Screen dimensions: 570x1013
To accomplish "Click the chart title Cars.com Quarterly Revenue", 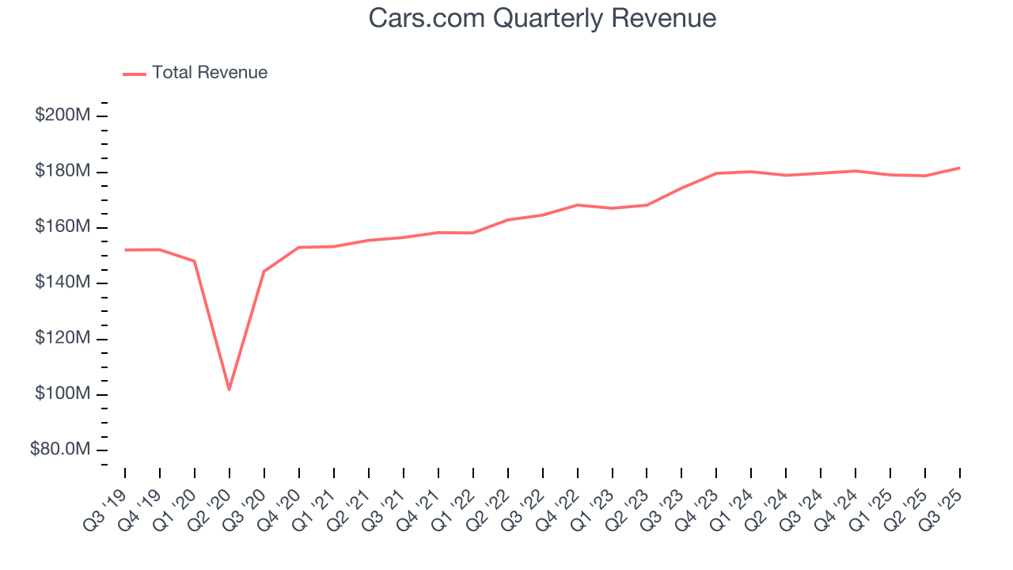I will tap(542, 18).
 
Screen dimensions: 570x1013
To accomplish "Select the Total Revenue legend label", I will tap(210, 73).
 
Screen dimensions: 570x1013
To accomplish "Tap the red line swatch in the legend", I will tap(135, 74).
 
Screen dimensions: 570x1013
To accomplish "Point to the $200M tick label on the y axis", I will tap(62, 116).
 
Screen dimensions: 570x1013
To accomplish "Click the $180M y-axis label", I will tap(62, 172).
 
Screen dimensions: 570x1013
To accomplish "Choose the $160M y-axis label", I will tap(62, 227).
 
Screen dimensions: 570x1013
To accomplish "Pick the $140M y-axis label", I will tap(62, 283).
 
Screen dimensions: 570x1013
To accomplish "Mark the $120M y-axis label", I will tap(62, 339).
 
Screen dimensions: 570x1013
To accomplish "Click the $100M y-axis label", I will tap(62, 394).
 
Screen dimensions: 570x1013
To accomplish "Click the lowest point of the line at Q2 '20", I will tap(230, 389).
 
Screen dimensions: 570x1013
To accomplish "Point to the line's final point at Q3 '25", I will tap(959, 168).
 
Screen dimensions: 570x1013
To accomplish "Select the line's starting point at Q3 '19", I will tap(125, 250).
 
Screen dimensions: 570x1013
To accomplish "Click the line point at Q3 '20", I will tap(264, 272).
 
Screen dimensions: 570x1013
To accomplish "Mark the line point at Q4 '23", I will tap(716, 173).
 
